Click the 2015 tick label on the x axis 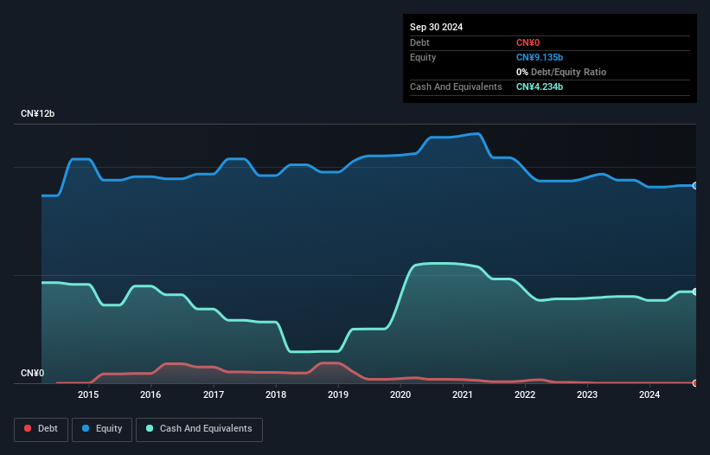pyautogui.click(x=88, y=395)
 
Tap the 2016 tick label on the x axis pyautogui.click(x=150, y=395)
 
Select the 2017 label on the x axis pyautogui.click(x=213, y=395)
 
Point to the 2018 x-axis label pyautogui.click(x=276, y=395)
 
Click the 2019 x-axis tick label pyautogui.click(x=338, y=395)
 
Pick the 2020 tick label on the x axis pyautogui.click(x=400, y=395)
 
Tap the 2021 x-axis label pyautogui.click(x=463, y=395)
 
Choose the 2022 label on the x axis pyautogui.click(x=525, y=395)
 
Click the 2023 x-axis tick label pyautogui.click(x=587, y=395)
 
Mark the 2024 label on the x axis pyautogui.click(x=649, y=395)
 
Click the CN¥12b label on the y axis pyautogui.click(x=38, y=114)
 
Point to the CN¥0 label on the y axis pyautogui.click(x=32, y=374)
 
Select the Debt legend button pyautogui.click(x=40, y=428)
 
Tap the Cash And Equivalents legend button pyautogui.click(x=199, y=428)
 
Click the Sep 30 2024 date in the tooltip pyautogui.click(x=436, y=27)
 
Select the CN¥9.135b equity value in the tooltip pyautogui.click(x=540, y=57)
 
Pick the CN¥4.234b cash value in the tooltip pyautogui.click(x=540, y=87)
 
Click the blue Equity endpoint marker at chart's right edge pyautogui.click(x=695, y=186)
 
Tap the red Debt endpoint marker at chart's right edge pyautogui.click(x=695, y=382)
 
